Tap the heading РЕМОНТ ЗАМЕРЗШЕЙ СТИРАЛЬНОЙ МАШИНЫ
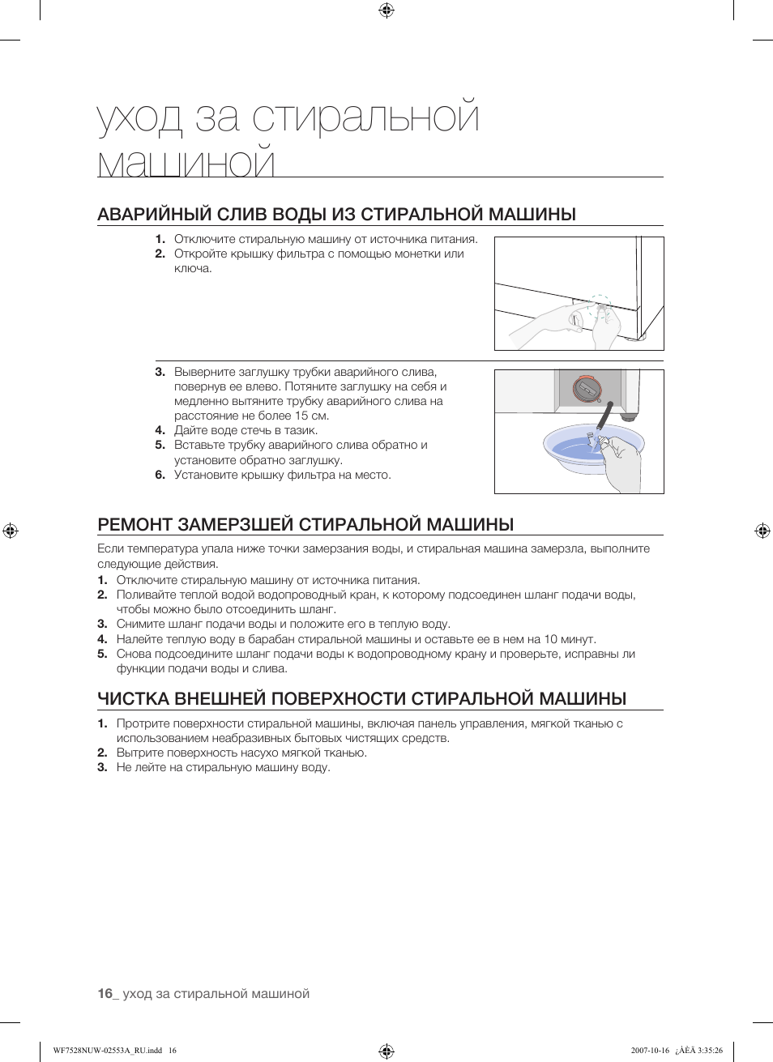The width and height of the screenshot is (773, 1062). pyautogui.click(x=305, y=524)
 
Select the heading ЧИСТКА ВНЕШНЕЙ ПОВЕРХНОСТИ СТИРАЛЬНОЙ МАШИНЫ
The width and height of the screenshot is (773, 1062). pyautogui.click(x=361, y=698)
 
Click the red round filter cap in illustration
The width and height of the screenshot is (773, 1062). pyautogui.click(x=587, y=389)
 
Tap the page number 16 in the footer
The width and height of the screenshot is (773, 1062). pyautogui.click(x=105, y=993)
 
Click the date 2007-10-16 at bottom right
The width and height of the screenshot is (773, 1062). pyautogui.click(x=650, y=1051)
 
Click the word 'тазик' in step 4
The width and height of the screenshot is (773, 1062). pyautogui.click(x=300, y=430)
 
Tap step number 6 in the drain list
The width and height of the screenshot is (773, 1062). pyautogui.click(x=160, y=475)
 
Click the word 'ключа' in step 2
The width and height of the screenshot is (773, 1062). pyautogui.click(x=192, y=268)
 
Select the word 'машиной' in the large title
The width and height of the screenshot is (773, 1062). pyautogui.click(x=186, y=162)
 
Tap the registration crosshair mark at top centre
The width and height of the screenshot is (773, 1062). pyautogui.click(x=386, y=11)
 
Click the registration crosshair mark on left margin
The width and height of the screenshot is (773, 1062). pyautogui.click(x=11, y=531)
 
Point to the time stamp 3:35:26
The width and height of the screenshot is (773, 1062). pyautogui.click(x=707, y=1051)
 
